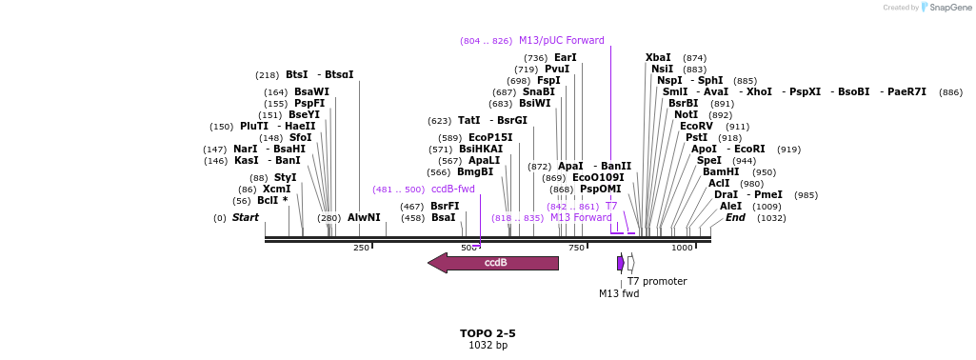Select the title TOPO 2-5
point(488,333)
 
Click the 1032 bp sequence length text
point(488,345)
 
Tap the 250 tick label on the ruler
point(361,248)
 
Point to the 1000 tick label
point(682,248)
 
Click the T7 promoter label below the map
point(656,281)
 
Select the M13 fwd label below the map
point(619,293)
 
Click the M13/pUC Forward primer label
point(561,41)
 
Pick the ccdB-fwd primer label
point(452,190)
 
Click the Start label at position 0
point(245,218)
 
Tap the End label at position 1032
point(735,218)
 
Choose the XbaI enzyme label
point(658,58)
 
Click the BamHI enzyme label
point(721,172)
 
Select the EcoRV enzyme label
point(696,127)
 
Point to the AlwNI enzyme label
point(364,218)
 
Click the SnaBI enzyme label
point(538,92)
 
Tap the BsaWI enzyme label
point(311,92)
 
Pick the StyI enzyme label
point(286,178)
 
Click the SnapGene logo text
point(950,8)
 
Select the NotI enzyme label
point(686,115)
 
